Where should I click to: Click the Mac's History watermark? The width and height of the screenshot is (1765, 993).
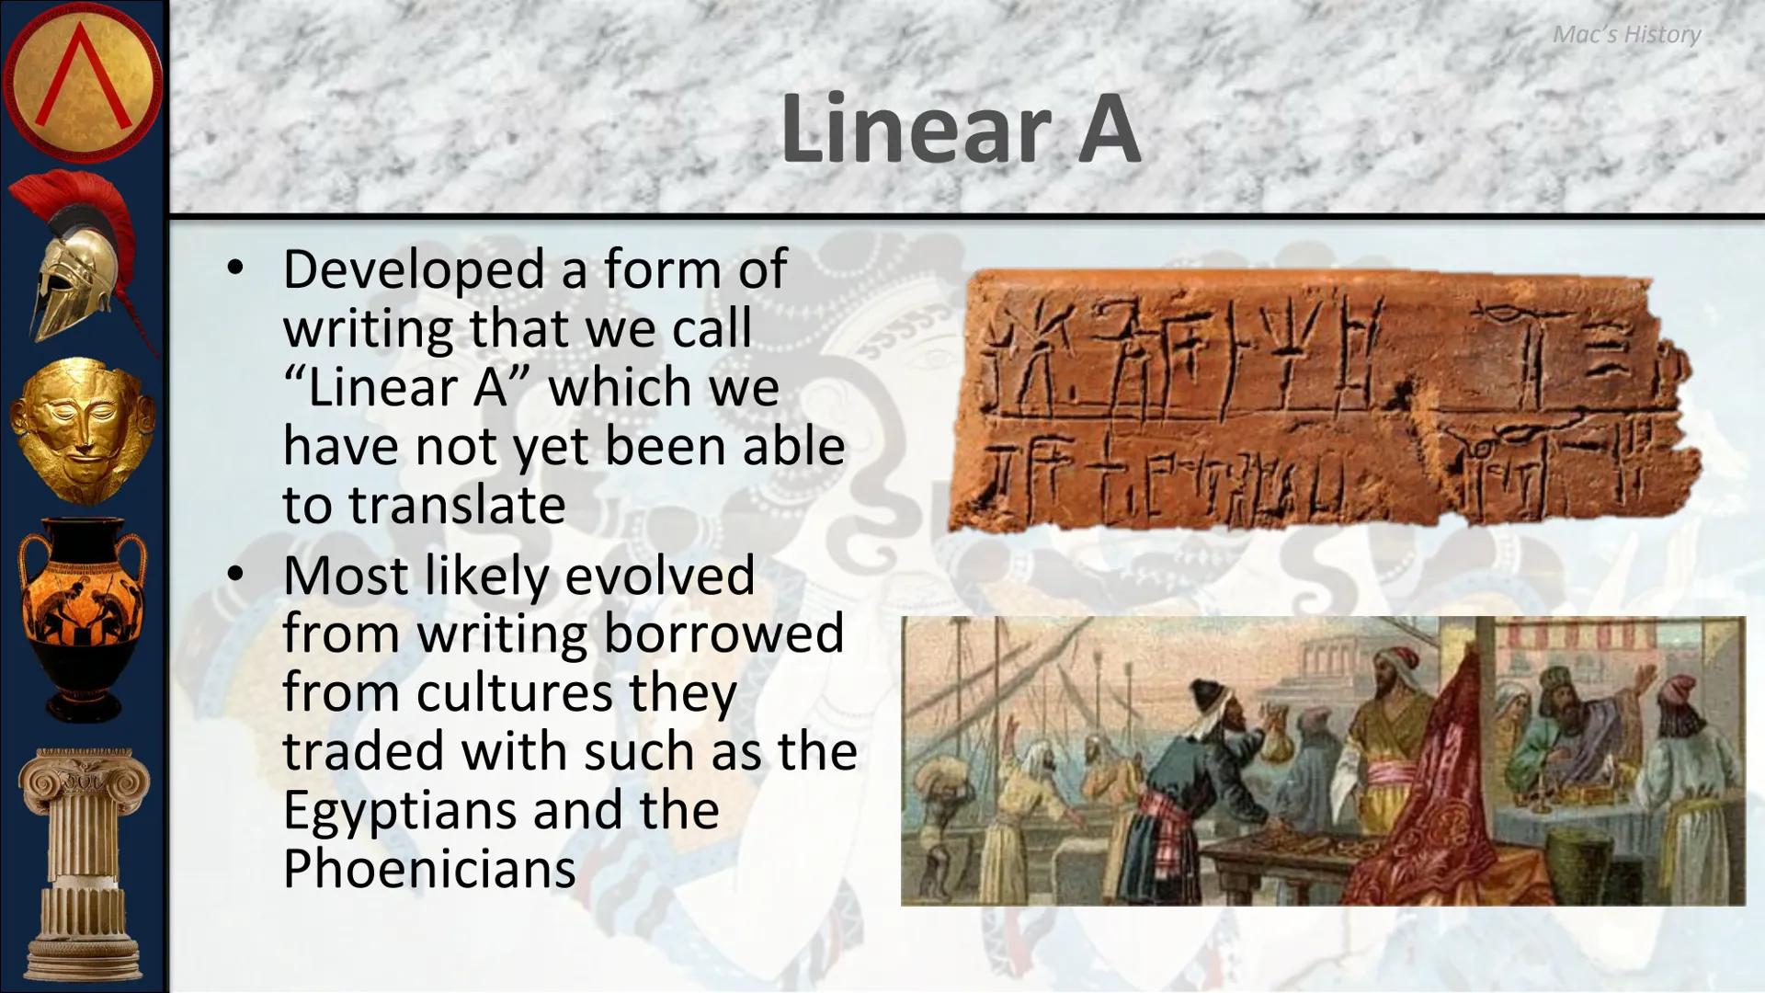[x=1626, y=35]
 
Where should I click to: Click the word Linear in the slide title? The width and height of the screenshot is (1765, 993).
[x=916, y=129]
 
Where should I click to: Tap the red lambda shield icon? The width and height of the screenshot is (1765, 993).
[x=83, y=83]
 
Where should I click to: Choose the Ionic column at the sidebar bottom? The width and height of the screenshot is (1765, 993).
[x=83, y=864]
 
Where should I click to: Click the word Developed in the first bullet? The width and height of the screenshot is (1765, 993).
[x=414, y=270]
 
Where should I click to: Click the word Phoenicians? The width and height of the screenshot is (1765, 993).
[x=428, y=869]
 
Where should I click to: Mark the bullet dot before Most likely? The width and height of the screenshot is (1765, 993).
[x=236, y=575]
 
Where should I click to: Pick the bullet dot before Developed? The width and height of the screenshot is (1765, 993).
[x=236, y=269]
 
